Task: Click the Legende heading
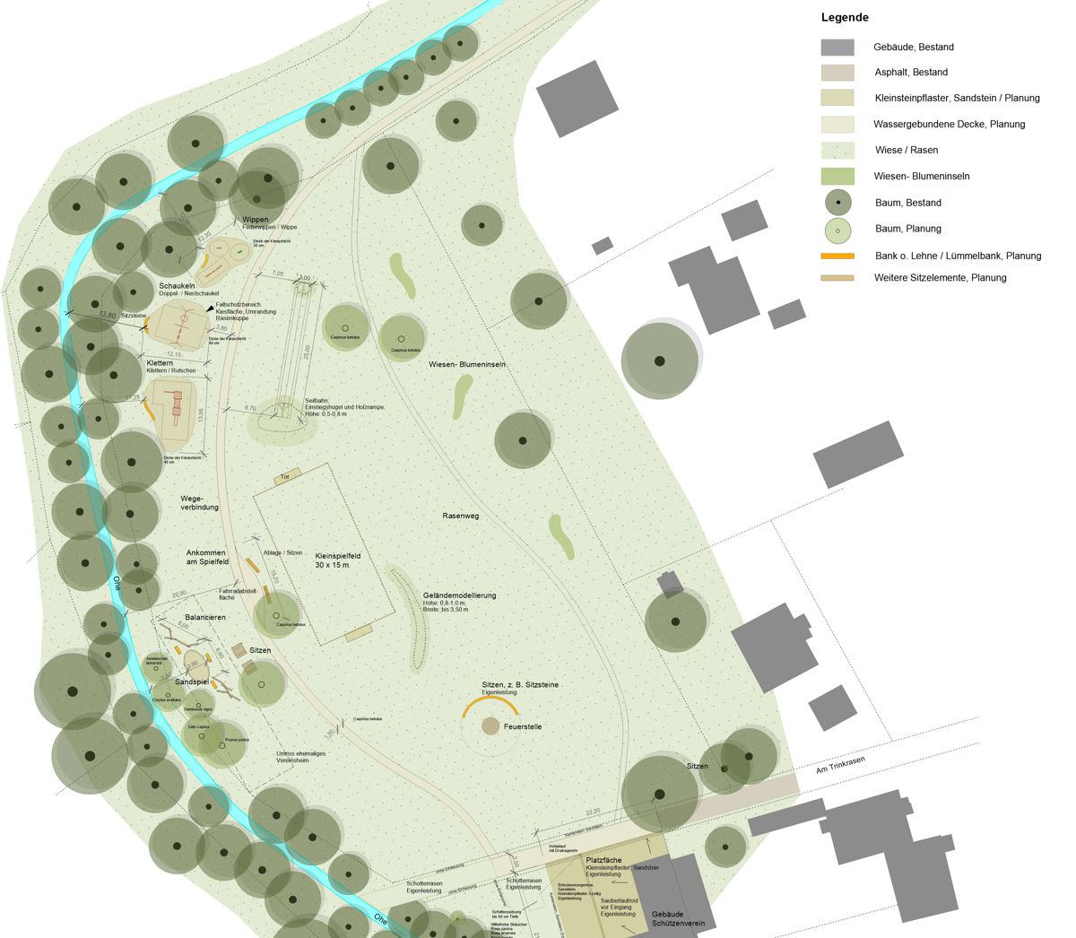[844, 17]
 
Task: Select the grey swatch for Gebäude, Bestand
[837, 47]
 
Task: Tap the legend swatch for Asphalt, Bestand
[837, 73]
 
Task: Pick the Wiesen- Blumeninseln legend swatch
[837, 177]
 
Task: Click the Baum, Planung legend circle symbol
[837, 230]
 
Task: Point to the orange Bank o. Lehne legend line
[837, 256]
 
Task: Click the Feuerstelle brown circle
[490, 725]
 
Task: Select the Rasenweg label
[461, 516]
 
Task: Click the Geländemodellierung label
[459, 595]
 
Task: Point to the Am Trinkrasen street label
[839, 765]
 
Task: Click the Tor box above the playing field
[286, 476]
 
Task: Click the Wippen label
[255, 220]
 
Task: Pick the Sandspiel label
[191, 682]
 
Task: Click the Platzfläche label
[604, 859]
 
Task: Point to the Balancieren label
[205, 618]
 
